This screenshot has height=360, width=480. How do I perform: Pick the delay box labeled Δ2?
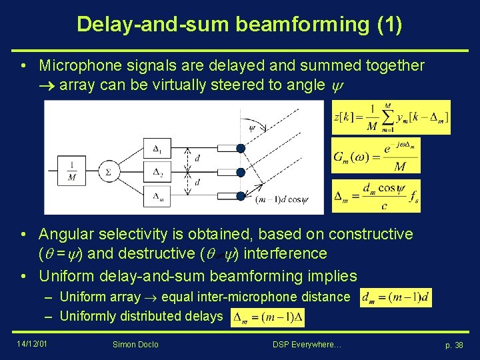point(157,172)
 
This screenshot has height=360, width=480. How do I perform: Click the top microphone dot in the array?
point(241,148)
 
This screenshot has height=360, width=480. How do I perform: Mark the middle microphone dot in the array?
point(241,172)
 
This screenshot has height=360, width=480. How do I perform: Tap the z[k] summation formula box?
point(391,117)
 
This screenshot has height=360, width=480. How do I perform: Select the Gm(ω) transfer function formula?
point(375,157)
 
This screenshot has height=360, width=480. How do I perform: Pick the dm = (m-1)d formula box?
point(396,297)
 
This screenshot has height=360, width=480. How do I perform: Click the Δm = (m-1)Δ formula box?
point(267,318)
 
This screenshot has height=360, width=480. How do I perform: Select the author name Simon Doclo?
point(136,345)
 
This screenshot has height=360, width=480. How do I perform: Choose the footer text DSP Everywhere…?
point(307,345)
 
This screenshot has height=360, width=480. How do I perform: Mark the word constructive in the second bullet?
point(363,234)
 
